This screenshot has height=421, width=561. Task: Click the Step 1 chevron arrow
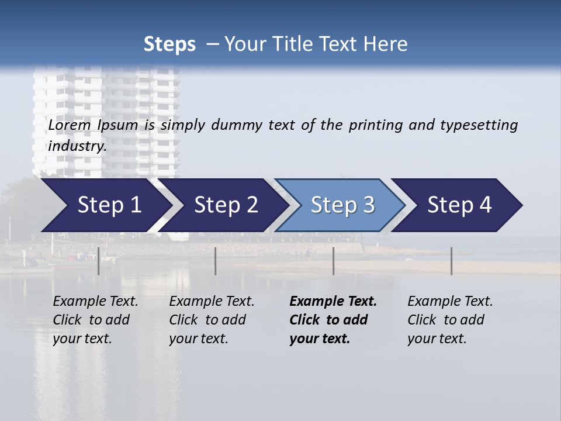coord(105,205)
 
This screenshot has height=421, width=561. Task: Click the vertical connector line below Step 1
coord(99,261)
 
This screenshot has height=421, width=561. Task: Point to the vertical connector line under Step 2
coord(216,261)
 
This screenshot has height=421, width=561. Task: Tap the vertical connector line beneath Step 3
coord(334,261)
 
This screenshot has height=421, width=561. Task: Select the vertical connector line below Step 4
coord(451,261)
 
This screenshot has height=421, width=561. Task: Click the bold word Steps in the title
coord(169,44)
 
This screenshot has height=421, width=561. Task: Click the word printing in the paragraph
coord(377,125)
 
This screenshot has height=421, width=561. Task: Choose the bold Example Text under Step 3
coord(333,302)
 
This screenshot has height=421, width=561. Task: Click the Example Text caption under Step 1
coord(95,302)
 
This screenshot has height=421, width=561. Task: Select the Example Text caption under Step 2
coord(212,302)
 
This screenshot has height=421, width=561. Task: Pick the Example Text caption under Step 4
coord(450,302)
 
